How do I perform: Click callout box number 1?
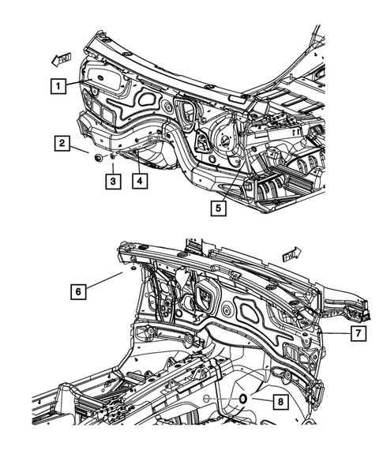coord(58,86)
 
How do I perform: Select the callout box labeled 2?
coord(60,143)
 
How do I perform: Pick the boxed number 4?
coord(139,181)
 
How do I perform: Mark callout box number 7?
coord(357,334)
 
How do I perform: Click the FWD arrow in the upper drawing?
coord(62,58)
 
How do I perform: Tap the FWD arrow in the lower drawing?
coord(291,253)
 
